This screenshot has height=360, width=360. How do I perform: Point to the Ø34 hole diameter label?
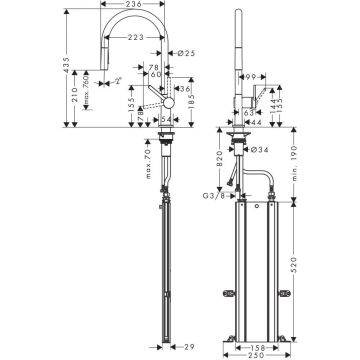tap(260, 152)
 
